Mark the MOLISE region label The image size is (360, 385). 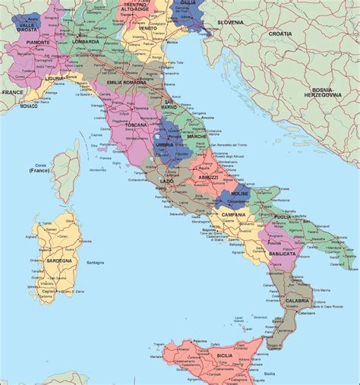click(x=240, y=194)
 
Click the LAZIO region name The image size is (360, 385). click(x=167, y=181)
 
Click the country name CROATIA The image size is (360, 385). click(x=280, y=34)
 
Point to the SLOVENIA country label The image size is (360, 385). click(x=231, y=22)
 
